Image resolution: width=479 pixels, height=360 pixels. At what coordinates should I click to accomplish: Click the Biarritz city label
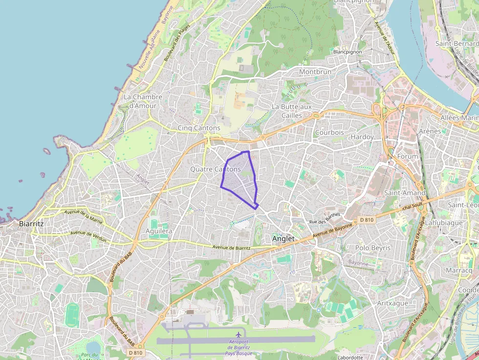31,224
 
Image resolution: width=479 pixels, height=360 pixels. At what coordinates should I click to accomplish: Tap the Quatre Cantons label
215,169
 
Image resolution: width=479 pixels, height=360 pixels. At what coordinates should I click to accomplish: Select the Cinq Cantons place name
199,128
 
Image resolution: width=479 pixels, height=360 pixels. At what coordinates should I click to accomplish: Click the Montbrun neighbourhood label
315,72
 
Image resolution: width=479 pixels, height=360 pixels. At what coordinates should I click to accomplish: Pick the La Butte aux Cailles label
291,111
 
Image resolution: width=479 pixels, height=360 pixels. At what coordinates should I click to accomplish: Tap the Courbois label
329,132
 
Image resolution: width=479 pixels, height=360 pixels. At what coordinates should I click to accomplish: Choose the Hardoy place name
362,137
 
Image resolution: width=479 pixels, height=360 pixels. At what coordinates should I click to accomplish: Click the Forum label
408,156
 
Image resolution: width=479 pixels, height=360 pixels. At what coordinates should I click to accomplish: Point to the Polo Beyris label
373,248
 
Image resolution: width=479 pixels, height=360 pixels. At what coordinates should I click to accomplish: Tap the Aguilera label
160,231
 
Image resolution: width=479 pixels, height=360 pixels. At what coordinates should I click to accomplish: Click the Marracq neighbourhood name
459,270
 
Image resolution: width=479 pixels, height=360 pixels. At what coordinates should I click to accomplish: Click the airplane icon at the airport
239,334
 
